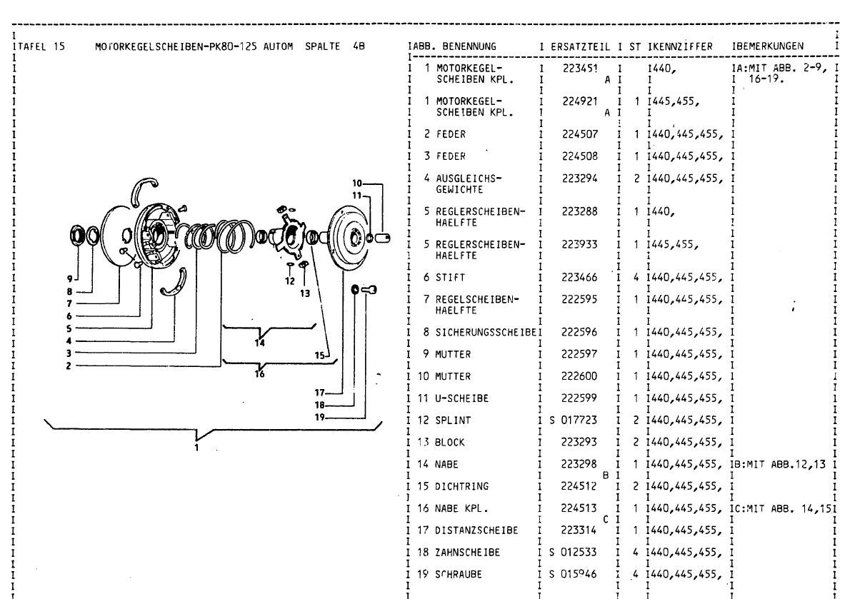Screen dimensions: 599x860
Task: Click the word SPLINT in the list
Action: [452, 420]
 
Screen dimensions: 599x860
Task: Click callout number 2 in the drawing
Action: [68, 365]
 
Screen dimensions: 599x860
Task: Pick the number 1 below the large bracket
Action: [198, 449]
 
